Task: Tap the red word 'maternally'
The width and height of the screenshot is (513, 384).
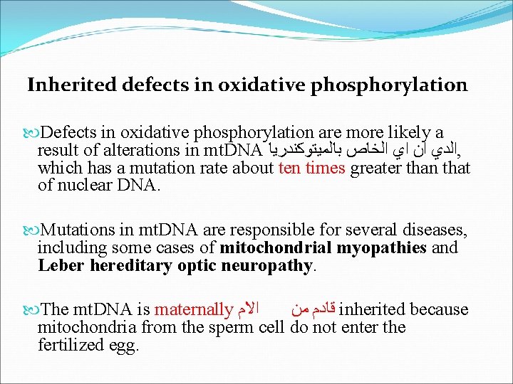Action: coord(193,309)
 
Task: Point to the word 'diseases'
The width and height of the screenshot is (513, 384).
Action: coord(437,230)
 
